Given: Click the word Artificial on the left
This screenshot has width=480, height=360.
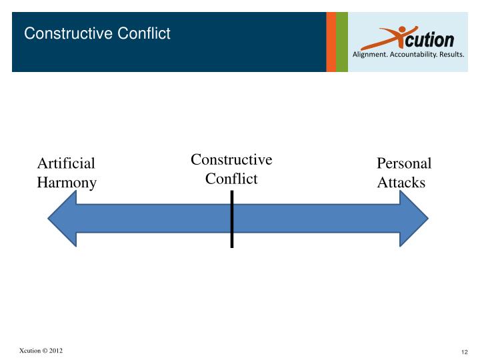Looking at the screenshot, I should tap(66, 164).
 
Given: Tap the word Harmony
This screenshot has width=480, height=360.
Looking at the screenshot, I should tap(67, 183).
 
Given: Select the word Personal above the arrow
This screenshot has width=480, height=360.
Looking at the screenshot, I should tap(404, 164).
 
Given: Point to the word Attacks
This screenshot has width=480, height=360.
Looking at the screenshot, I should tap(401, 183).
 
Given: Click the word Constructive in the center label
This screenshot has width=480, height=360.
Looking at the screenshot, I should tap(231, 160).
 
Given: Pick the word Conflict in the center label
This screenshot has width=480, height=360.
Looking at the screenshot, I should tap(231, 179).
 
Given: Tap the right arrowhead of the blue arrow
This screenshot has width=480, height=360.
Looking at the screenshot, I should tap(413, 219).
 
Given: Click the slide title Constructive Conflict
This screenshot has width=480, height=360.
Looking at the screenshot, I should tap(97, 33).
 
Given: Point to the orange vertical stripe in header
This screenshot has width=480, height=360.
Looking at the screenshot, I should tap(331, 41).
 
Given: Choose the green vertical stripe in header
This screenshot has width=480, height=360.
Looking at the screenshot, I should tap(342, 41).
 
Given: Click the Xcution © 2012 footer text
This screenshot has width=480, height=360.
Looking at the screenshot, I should tap(41, 351).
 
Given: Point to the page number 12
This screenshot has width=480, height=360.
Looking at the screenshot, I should tap(465, 352).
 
